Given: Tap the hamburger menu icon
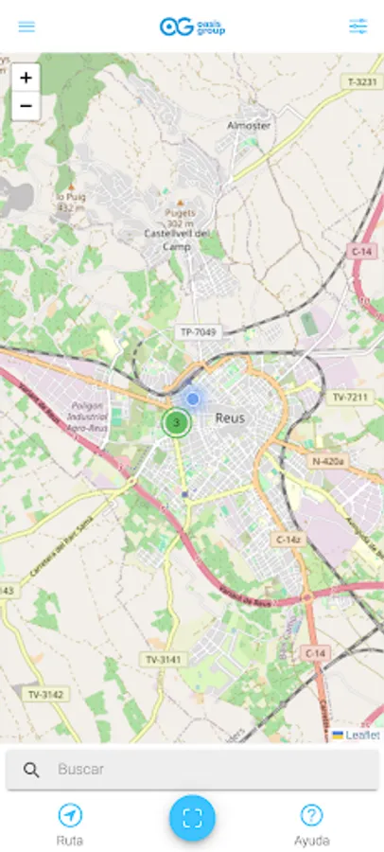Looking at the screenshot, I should (26, 27).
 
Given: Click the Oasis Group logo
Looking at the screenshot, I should (192, 27).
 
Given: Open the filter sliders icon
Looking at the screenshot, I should (358, 27).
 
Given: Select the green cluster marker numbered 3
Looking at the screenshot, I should (176, 422).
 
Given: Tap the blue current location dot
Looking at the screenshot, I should (193, 399).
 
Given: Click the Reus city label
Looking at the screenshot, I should (230, 417).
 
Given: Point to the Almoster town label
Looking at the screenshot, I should (249, 125).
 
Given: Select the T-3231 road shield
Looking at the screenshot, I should (361, 82).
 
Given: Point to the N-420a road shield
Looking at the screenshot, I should (330, 461).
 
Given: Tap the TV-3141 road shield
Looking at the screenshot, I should (163, 658).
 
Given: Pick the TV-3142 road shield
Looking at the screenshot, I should (44, 694).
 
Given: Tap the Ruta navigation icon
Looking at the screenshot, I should (70, 815).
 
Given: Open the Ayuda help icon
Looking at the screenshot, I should (311, 815).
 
